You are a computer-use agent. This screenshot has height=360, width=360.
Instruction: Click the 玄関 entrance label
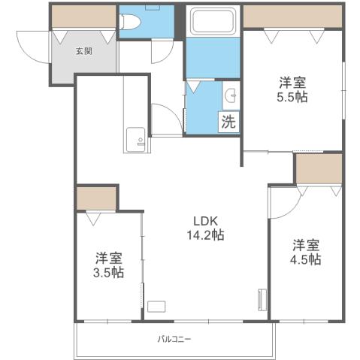click(x=83, y=52)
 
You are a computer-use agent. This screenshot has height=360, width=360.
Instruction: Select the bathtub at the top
click(x=213, y=22)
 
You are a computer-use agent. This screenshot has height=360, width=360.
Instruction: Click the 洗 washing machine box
click(x=229, y=123)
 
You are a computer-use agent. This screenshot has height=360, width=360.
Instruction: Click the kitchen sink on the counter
click(x=136, y=139)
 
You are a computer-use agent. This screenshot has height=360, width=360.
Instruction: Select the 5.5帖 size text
click(x=292, y=97)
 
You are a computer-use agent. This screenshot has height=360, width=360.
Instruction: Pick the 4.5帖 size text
click(x=307, y=259)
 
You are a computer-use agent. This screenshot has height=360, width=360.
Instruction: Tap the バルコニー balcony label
click(x=174, y=339)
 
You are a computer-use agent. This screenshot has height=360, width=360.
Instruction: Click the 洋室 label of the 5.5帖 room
click(x=292, y=81)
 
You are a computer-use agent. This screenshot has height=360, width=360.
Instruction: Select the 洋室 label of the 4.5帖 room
click(x=307, y=244)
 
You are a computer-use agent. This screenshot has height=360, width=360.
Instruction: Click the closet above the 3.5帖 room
click(x=96, y=198)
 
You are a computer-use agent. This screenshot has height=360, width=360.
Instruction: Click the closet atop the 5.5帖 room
click(x=292, y=15)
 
